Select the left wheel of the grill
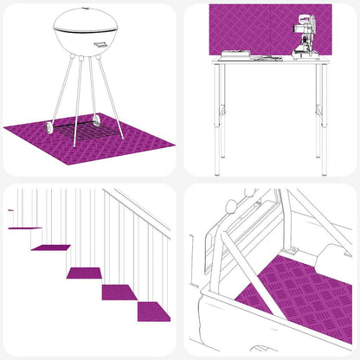point(49,127)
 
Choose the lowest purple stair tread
point(153,312)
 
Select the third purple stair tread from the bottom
point(84,273)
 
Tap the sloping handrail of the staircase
point(138,212)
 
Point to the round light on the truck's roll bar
point(230,207)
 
